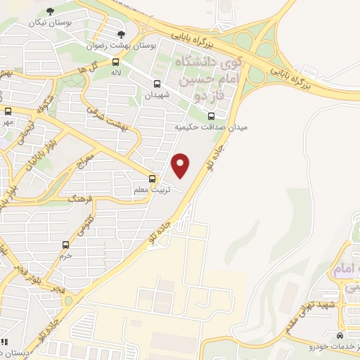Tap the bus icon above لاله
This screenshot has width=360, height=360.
115,62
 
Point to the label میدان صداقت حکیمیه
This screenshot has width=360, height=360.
210,127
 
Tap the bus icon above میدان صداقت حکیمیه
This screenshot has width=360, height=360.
212,117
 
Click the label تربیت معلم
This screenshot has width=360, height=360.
150,190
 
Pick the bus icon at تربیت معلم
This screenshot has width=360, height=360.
152,179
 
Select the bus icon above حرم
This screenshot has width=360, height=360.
65,245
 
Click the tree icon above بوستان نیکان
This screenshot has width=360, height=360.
49,11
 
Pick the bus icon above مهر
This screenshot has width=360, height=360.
8,111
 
